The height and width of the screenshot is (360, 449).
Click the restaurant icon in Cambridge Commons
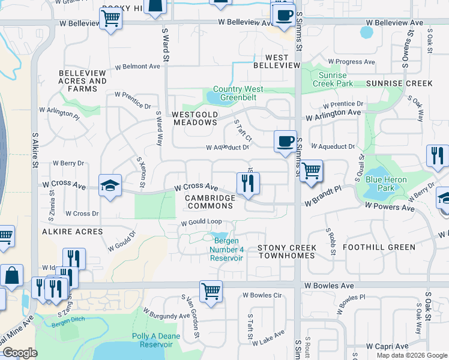248,183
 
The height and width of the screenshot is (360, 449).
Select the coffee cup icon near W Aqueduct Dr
285,142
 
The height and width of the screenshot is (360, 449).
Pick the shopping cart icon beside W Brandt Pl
311,171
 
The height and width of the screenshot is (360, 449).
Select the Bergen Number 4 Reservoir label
226,250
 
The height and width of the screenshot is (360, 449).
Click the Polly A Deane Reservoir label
155,340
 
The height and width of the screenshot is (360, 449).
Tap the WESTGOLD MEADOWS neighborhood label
194,118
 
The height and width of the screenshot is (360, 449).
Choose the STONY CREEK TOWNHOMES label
286,251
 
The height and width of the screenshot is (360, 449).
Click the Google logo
20,353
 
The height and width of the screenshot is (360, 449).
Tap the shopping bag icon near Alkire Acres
11,276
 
